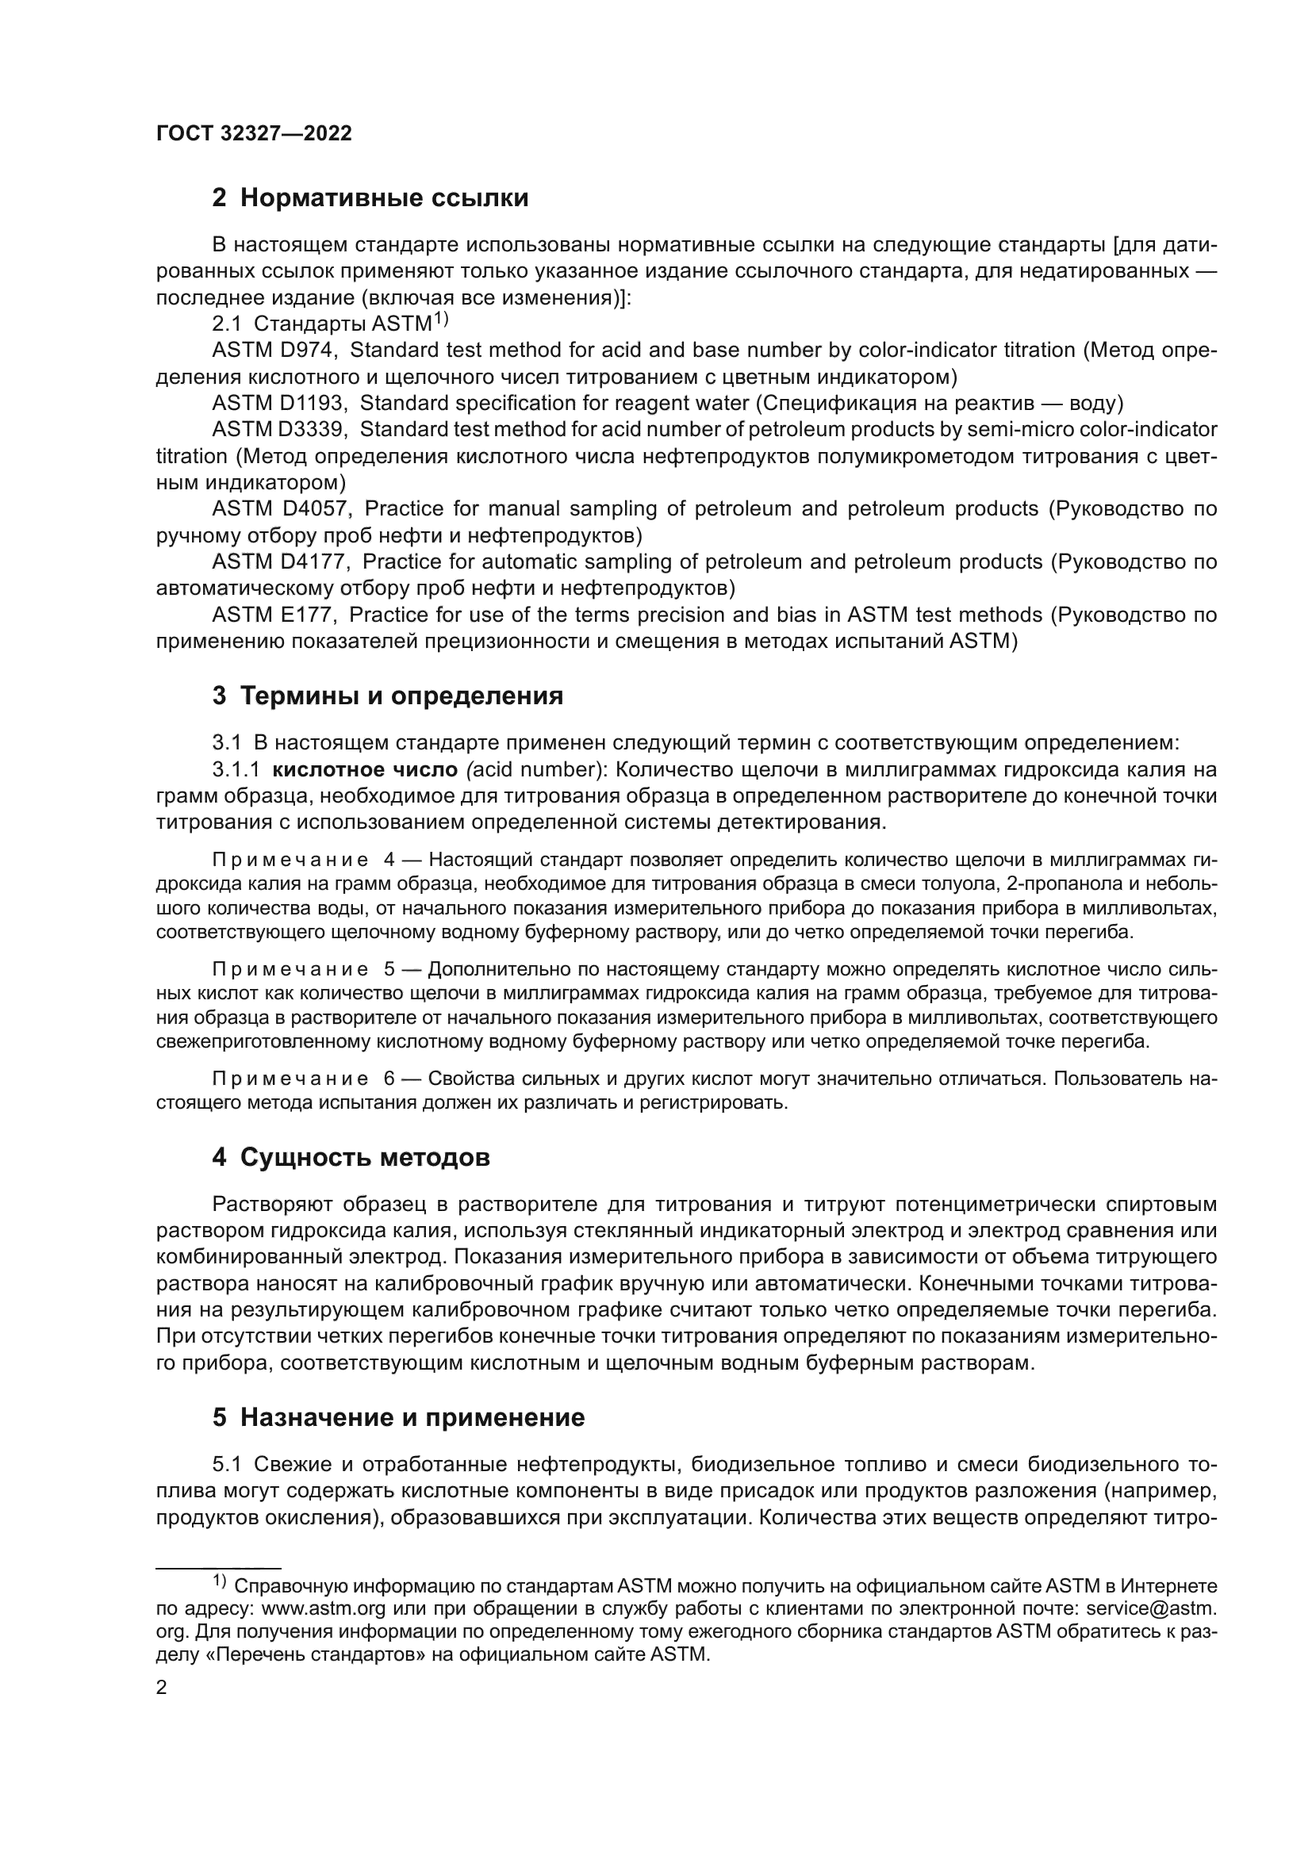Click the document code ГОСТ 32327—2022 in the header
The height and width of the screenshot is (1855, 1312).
pos(254,134)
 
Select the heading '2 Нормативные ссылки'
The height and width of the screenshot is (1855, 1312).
pos(370,198)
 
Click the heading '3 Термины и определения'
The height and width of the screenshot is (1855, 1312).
pos(387,696)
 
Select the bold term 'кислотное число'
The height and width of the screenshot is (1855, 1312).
pos(366,769)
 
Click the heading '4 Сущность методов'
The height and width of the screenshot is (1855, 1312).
pos(351,1158)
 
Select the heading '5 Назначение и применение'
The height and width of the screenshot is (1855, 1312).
pos(397,1417)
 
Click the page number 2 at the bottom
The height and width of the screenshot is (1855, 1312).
pos(162,1688)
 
